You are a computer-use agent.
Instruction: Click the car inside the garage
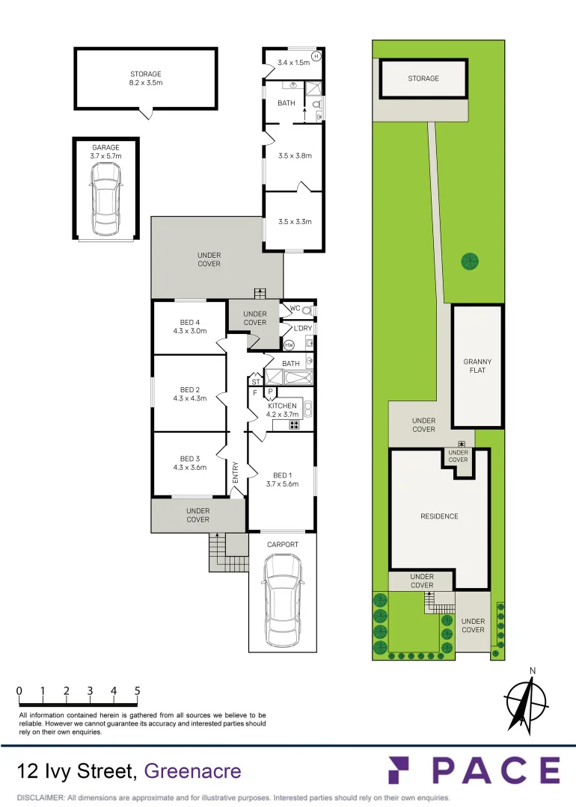point(105,197)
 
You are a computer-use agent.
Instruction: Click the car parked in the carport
point(282,602)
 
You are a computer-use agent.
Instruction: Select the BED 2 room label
point(189,394)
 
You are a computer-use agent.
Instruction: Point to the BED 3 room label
point(189,463)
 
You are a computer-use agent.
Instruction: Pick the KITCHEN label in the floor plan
point(283,409)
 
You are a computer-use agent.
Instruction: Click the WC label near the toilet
point(295,309)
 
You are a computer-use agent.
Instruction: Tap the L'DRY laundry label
point(302,328)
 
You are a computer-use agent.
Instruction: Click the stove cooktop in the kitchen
point(295,425)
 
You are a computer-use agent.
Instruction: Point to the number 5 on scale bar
point(138,691)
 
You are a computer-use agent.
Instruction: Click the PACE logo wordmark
point(474,771)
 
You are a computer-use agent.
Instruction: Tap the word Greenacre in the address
point(192,770)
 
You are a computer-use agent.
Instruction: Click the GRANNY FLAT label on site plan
point(477,366)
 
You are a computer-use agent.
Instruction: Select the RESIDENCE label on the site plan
point(439,516)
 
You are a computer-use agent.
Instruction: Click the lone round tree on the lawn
point(470,261)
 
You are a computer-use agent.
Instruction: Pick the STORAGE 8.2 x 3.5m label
point(146,78)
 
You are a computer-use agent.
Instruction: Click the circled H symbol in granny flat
point(316,56)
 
